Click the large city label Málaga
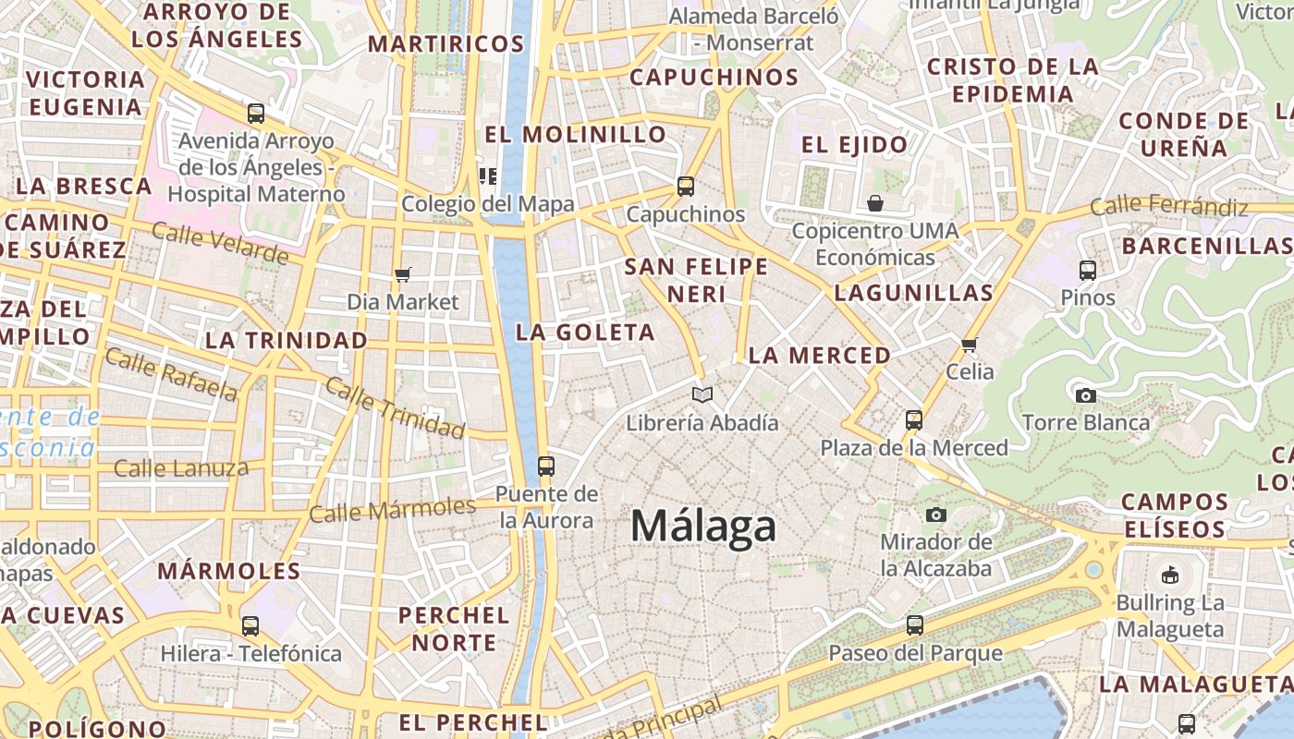[x=703, y=527]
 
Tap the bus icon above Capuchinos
[x=685, y=186]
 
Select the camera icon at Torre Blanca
[x=1086, y=395]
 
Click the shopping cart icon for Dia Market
[x=402, y=274]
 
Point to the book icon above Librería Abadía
[x=702, y=394]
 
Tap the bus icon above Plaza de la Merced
[x=914, y=419]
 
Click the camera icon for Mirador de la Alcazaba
[x=936, y=515]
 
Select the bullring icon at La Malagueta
[x=1170, y=575]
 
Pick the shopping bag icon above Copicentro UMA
[x=874, y=202]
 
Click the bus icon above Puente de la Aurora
[x=546, y=466]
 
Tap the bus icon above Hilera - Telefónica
[x=250, y=625]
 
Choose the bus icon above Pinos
[x=1088, y=270]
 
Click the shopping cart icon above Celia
[x=969, y=345]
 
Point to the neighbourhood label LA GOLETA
[x=585, y=333]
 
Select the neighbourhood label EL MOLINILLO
[x=575, y=135]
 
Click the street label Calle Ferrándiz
[x=1168, y=206]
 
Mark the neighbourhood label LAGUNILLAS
[x=913, y=294]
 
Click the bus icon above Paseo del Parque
[x=914, y=625]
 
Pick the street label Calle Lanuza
[x=181, y=468]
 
